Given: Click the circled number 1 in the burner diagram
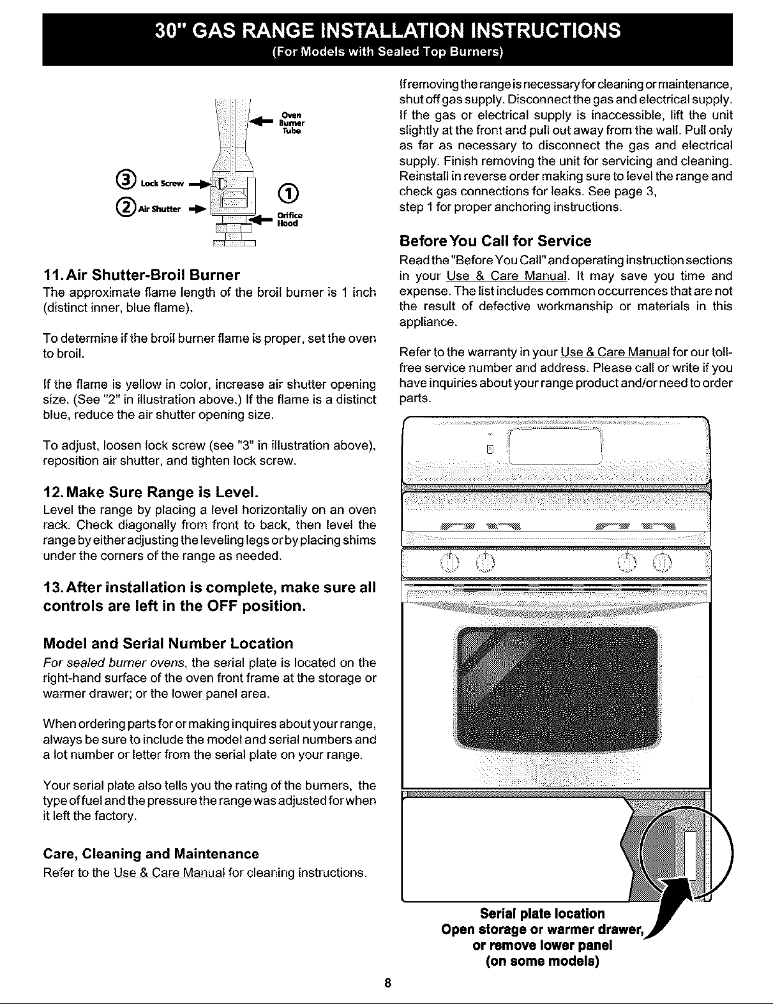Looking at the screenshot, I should click(286, 191).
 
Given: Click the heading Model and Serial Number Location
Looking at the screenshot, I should click(168, 643).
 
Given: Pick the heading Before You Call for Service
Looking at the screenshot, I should click(495, 241).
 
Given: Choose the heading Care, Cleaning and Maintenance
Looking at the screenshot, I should click(151, 854).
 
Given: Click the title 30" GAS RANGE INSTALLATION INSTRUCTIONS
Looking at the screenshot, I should click(387, 30).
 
